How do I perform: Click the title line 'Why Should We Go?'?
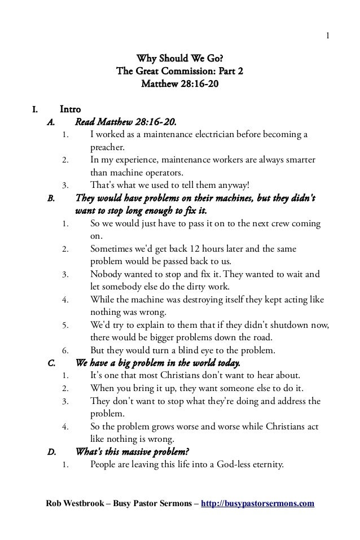179,60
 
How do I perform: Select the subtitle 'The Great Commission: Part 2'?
179,72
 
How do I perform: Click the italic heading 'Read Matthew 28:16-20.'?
129,122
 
